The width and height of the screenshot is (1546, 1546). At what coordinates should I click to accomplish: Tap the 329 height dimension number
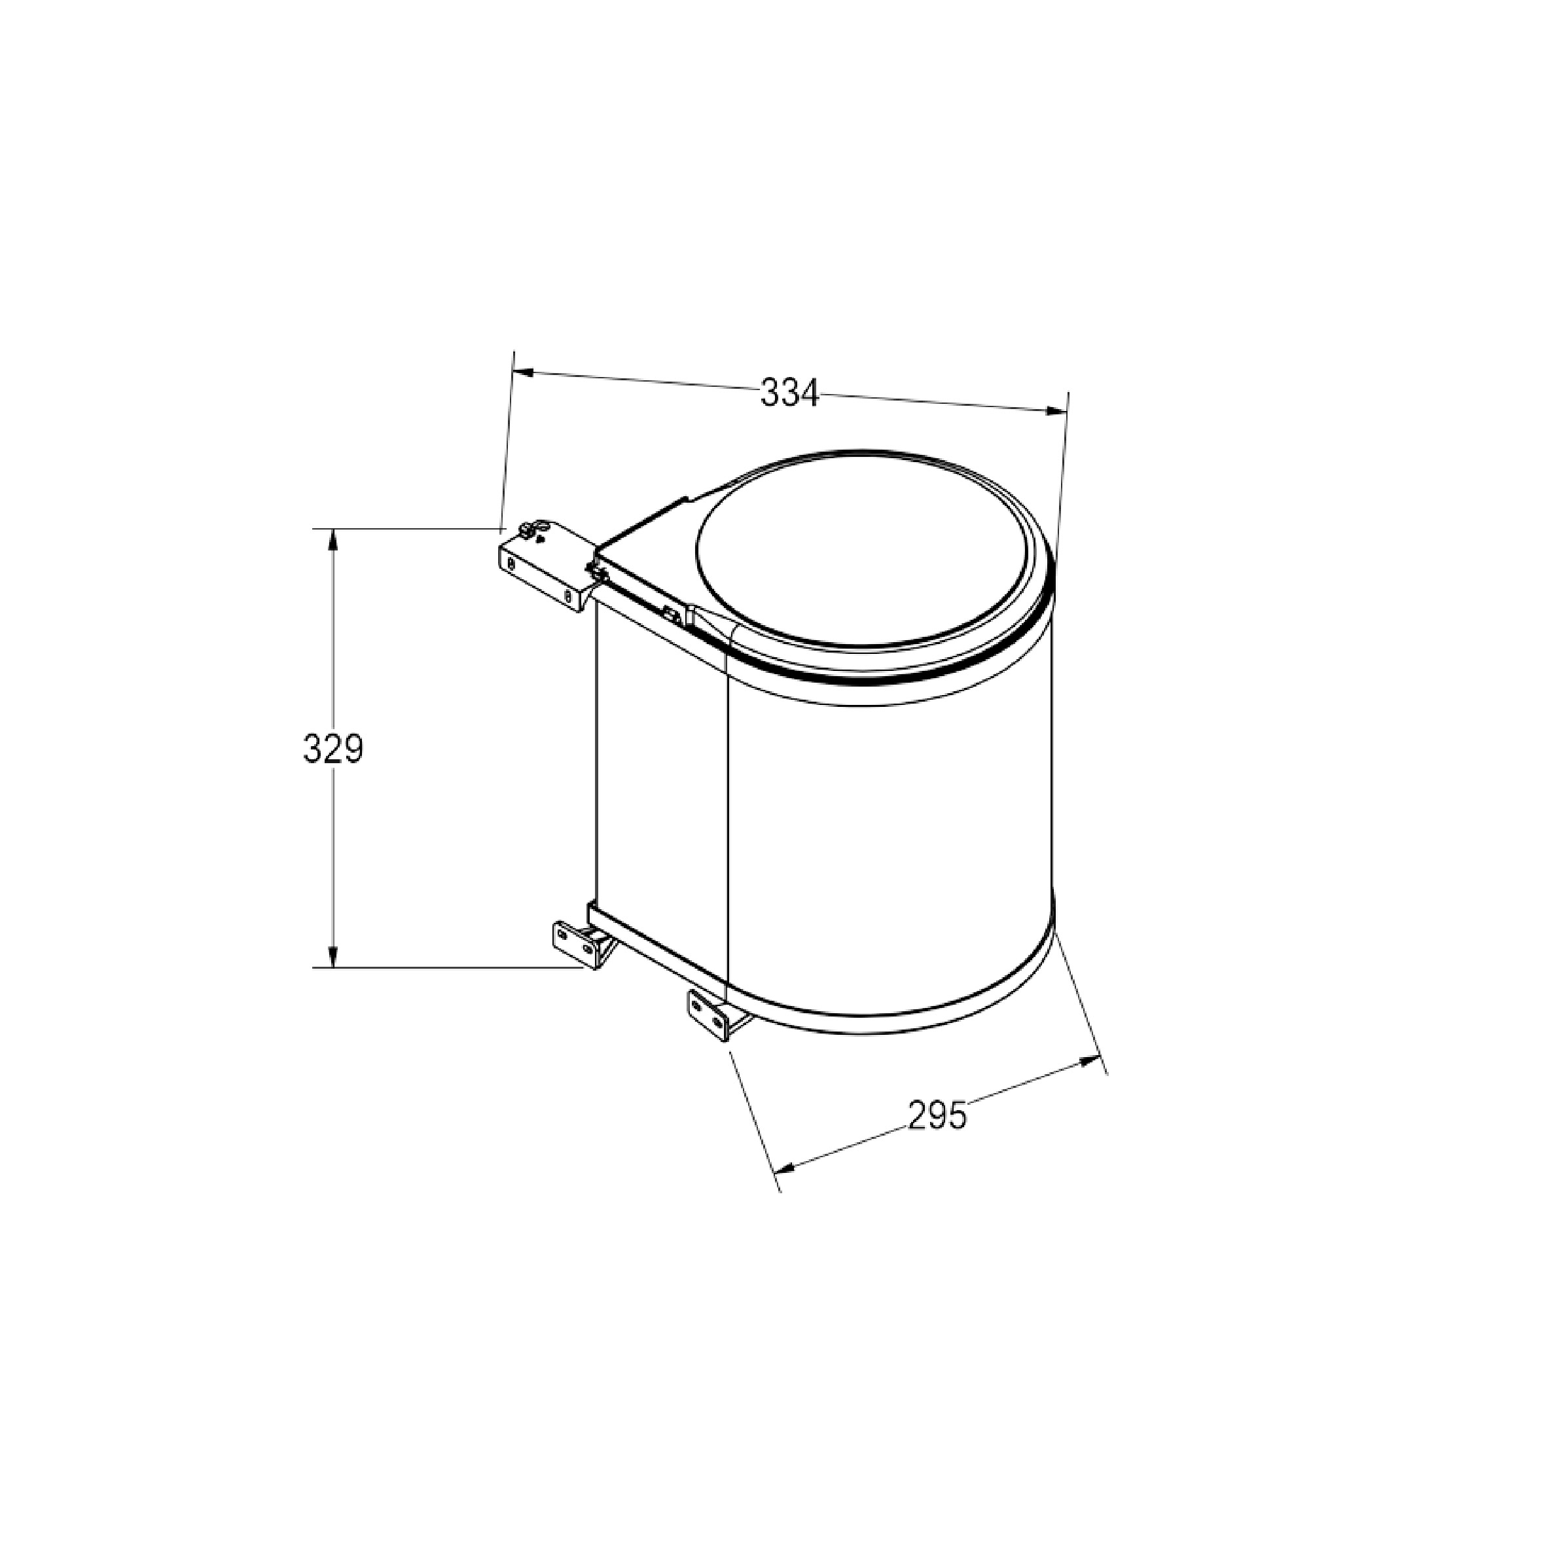(334, 749)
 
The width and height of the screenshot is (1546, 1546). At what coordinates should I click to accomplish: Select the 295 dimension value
(937, 1115)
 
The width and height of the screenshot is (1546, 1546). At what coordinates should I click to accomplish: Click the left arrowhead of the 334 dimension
(525, 373)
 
